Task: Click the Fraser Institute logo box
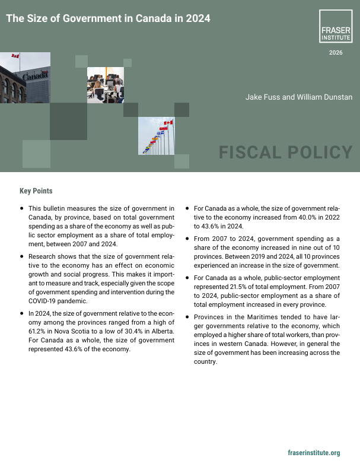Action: coord(336,27)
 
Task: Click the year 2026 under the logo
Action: coord(336,53)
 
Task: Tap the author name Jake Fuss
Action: coord(262,97)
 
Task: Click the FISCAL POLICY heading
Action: coord(286,153)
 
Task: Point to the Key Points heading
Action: coord(36,191)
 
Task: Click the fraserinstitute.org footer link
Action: coord(314,453)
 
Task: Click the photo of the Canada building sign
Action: coord(25,78)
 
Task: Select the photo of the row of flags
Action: coord(155,136)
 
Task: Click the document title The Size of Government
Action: coord(108,18)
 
